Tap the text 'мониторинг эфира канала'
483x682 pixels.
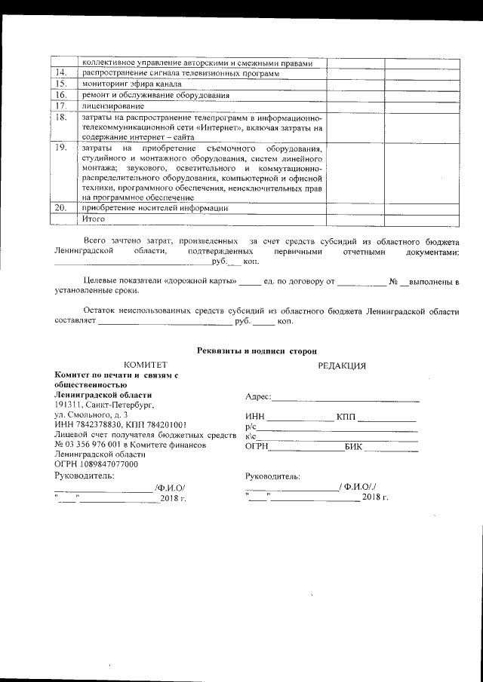(126, 84)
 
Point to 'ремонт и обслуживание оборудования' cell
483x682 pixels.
(155, 95)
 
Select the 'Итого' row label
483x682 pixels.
(93, 218)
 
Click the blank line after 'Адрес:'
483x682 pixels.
(345, 398)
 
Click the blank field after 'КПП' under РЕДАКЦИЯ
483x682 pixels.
(387, 417)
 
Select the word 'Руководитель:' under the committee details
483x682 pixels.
(85, 476)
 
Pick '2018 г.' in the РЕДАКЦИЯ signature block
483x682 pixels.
(375, 497)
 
